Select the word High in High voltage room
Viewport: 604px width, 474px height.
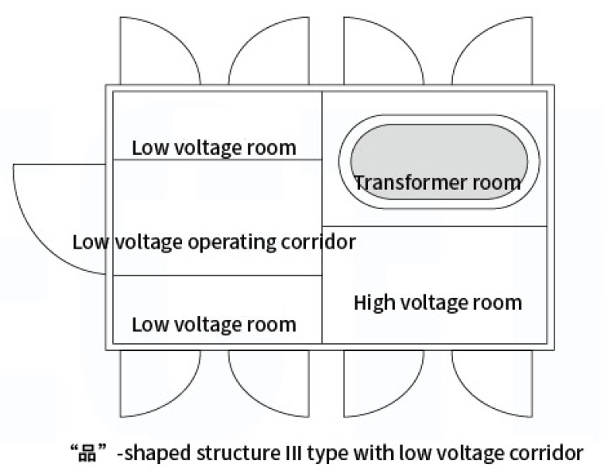(375, 304)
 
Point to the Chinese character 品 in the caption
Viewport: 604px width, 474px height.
(87, 453)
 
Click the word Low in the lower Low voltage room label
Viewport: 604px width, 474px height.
(151, 325)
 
